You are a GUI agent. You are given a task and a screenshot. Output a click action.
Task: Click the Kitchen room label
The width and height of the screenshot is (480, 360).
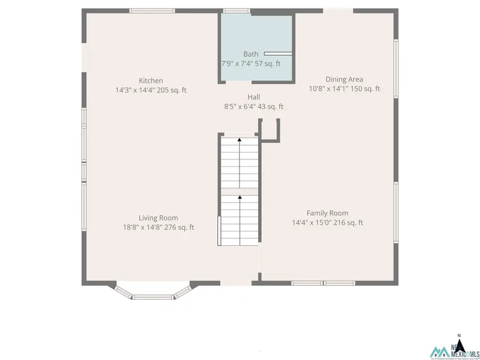tap(151, 81)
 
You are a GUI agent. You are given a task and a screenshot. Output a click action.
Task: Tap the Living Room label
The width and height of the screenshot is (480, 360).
tap(158, 218)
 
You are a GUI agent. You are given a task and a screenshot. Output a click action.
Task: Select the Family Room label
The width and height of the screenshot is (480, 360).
tap(327, 213)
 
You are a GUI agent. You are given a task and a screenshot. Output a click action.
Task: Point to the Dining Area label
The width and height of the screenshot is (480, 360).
tap(344, 79)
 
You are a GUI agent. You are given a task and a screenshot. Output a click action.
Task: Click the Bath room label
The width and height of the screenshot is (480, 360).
tap(251, 54)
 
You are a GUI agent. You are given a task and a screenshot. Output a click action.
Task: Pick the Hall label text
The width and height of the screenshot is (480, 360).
tap(253, 97)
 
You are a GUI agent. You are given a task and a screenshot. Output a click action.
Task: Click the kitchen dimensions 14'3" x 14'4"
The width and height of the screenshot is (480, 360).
tap(135, 90)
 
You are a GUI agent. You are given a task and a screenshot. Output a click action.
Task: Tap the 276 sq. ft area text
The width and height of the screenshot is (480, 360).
tap(179, 227)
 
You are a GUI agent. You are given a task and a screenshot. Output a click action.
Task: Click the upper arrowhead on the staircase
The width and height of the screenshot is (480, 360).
tap(239, 140)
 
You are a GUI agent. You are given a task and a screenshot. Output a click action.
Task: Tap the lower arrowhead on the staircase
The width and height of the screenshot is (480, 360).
tap(239, 197)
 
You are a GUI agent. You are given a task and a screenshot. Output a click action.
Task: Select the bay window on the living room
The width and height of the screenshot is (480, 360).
tap(153, 293)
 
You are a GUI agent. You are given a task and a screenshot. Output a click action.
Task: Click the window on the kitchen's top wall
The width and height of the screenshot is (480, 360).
tap(152, 11)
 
